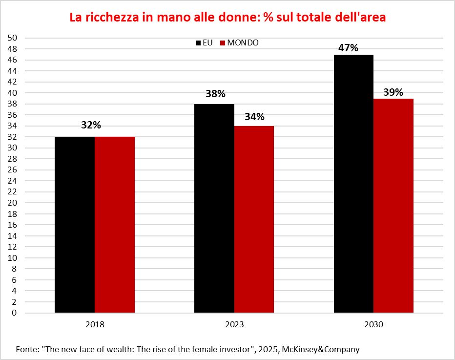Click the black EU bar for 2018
(x=74, y=225)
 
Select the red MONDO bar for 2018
(x=115, y=225)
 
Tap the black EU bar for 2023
(x=214, y=208)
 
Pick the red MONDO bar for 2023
(x=254, y=219)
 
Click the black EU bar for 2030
(x=353, y=184)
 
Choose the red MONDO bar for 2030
(x=393, y=206)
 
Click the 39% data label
(x=393, y=92)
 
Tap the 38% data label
(x=215, y=94)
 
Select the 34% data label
(x=254, y=117)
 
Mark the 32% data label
(x=91, y=125)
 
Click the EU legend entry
(x=204, y=42)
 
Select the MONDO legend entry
(x=239, y=42)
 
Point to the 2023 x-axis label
(x=234, y=324)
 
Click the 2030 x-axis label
(x=373, y=324)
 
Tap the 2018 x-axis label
(x=94, y=324)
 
